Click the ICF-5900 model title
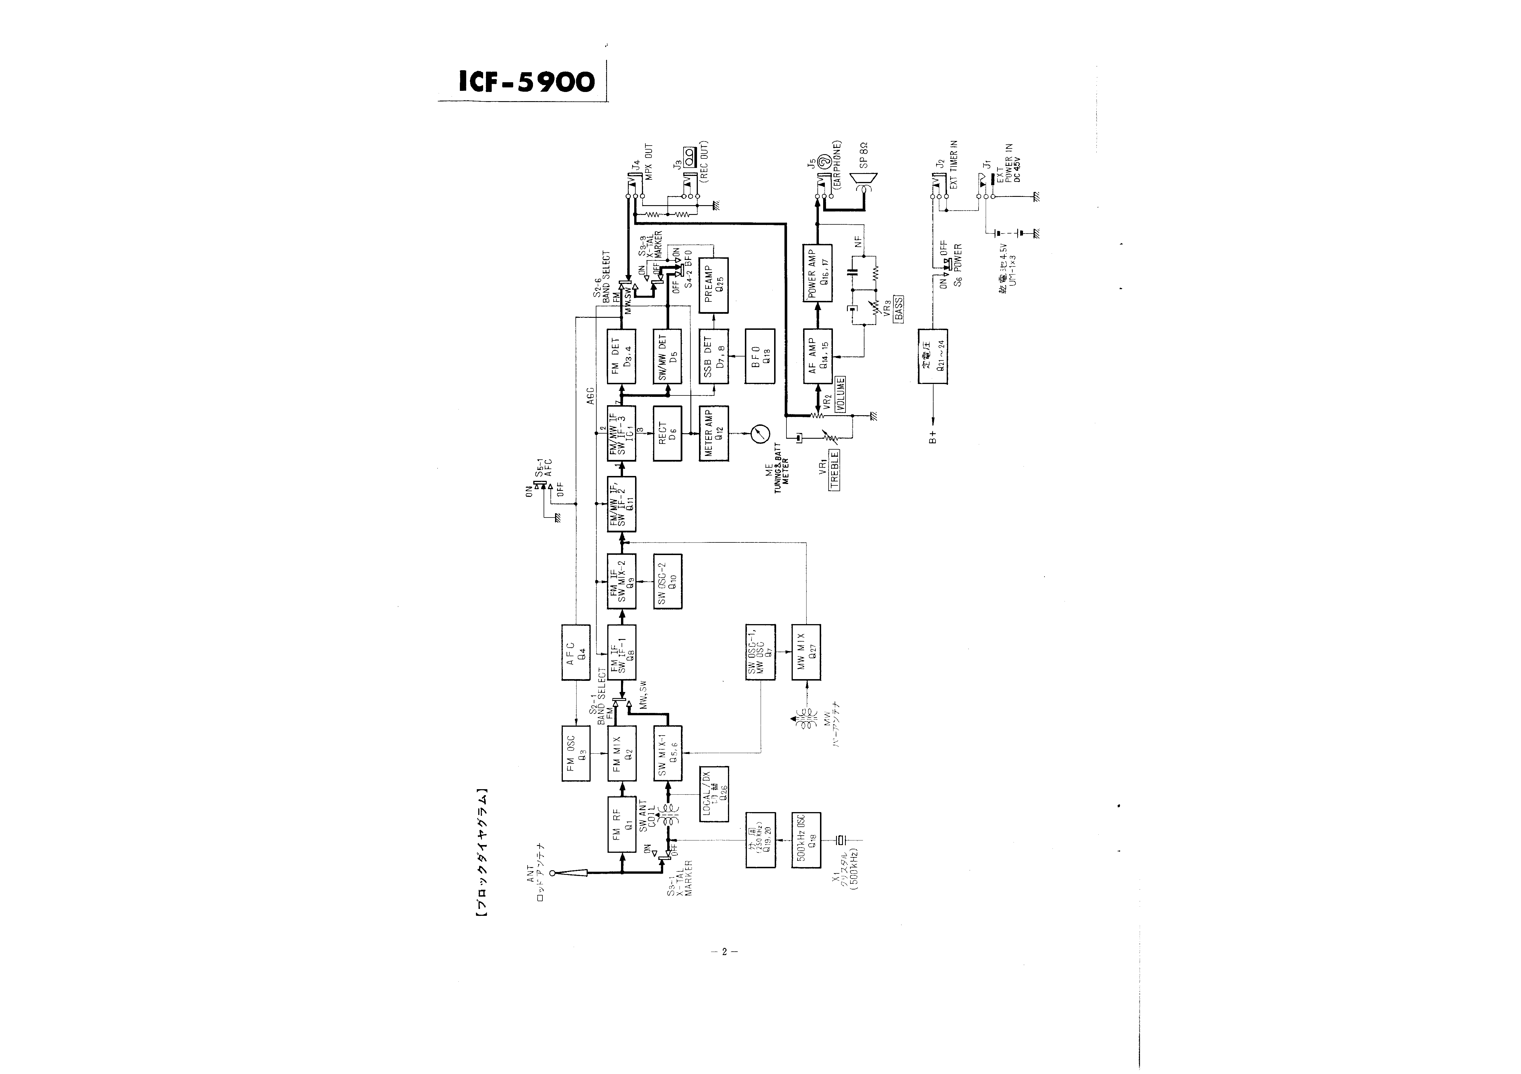[527, 82]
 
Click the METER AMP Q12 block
[713, 434]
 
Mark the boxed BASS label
[899, 309]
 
